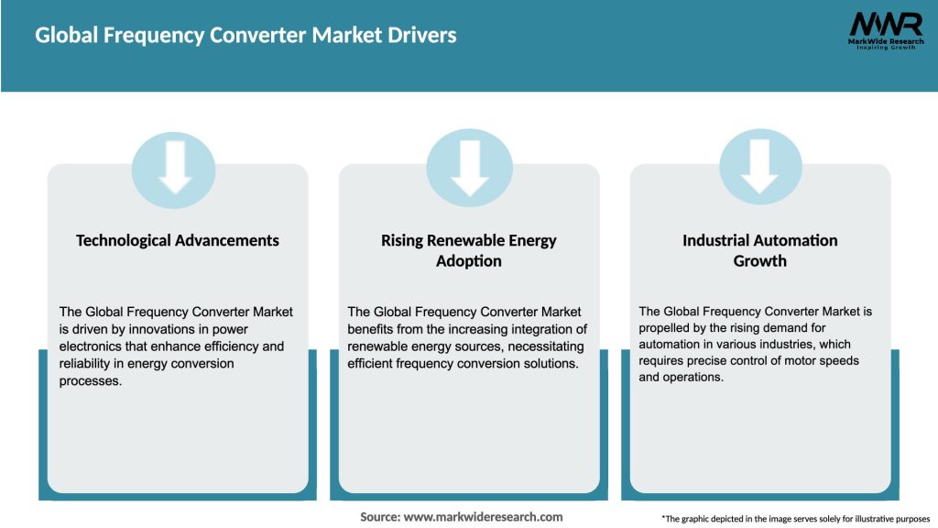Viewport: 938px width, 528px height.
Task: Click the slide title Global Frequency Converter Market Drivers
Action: (245, 36)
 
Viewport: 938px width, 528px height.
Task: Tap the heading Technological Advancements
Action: (177, 240)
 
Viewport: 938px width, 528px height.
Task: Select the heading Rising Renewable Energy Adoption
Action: (469, 250)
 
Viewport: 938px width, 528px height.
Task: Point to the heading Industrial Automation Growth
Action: (759, 250)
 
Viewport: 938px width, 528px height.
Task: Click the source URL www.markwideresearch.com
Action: (484, 517)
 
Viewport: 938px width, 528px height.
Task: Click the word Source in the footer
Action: (379, 517)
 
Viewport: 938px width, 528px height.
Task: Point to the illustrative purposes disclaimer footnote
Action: (795, 519)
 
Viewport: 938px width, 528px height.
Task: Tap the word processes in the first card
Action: (90, 381)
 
